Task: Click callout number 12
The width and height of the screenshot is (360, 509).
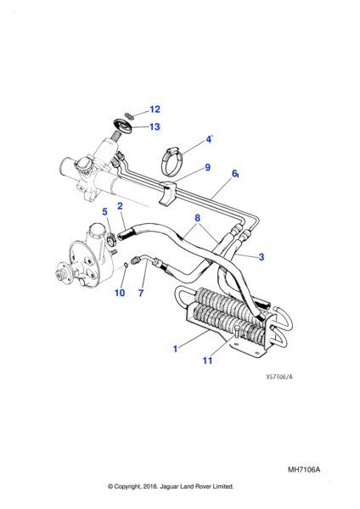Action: pyautogui.click(x=155, y=109)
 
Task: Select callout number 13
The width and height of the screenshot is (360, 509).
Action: pyautogui.click(x=155, y=126)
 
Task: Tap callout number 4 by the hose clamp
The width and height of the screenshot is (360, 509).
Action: pyautogui.click(x=208, y=140)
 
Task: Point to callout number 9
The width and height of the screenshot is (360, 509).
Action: pyautogui.click(x=208, y=167)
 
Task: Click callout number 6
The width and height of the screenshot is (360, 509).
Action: pyautogui.click(x=234, y=174)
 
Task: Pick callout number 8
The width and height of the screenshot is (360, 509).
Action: pyautogui.click(x=198, y=218)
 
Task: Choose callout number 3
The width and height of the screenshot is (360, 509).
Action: pyautogui.click(x=262, y=257)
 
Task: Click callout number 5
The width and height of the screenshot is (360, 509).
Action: pyautogui.click(x=104, y=211)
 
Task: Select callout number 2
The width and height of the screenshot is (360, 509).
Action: pyautogui.click(x=121, y=206)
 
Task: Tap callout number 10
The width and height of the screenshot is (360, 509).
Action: pyautogui.click(x=120, y=293)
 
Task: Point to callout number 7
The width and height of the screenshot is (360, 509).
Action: pyautogui.click(x=141, y=293)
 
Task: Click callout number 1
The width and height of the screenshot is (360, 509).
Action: pyautogui.click(x=176, y=349)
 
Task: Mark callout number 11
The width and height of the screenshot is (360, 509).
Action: pyautogui.click(x=207, y=361)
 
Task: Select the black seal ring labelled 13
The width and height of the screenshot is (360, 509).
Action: pyautogui.click(x=122, y=127)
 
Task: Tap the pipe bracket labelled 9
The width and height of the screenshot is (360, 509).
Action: pyautogui.click(x=167, y=193)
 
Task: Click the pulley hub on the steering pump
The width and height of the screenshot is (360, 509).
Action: pyautogui.click(x=60, y=275)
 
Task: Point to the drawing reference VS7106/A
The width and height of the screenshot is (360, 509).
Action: pyautogui.click(x=279, y=377)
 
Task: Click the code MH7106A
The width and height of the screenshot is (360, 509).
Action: pyautogui.click(x=304, y=470)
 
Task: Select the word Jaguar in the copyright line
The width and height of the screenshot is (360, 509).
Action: pyautogui.click(x=169, y=486)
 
